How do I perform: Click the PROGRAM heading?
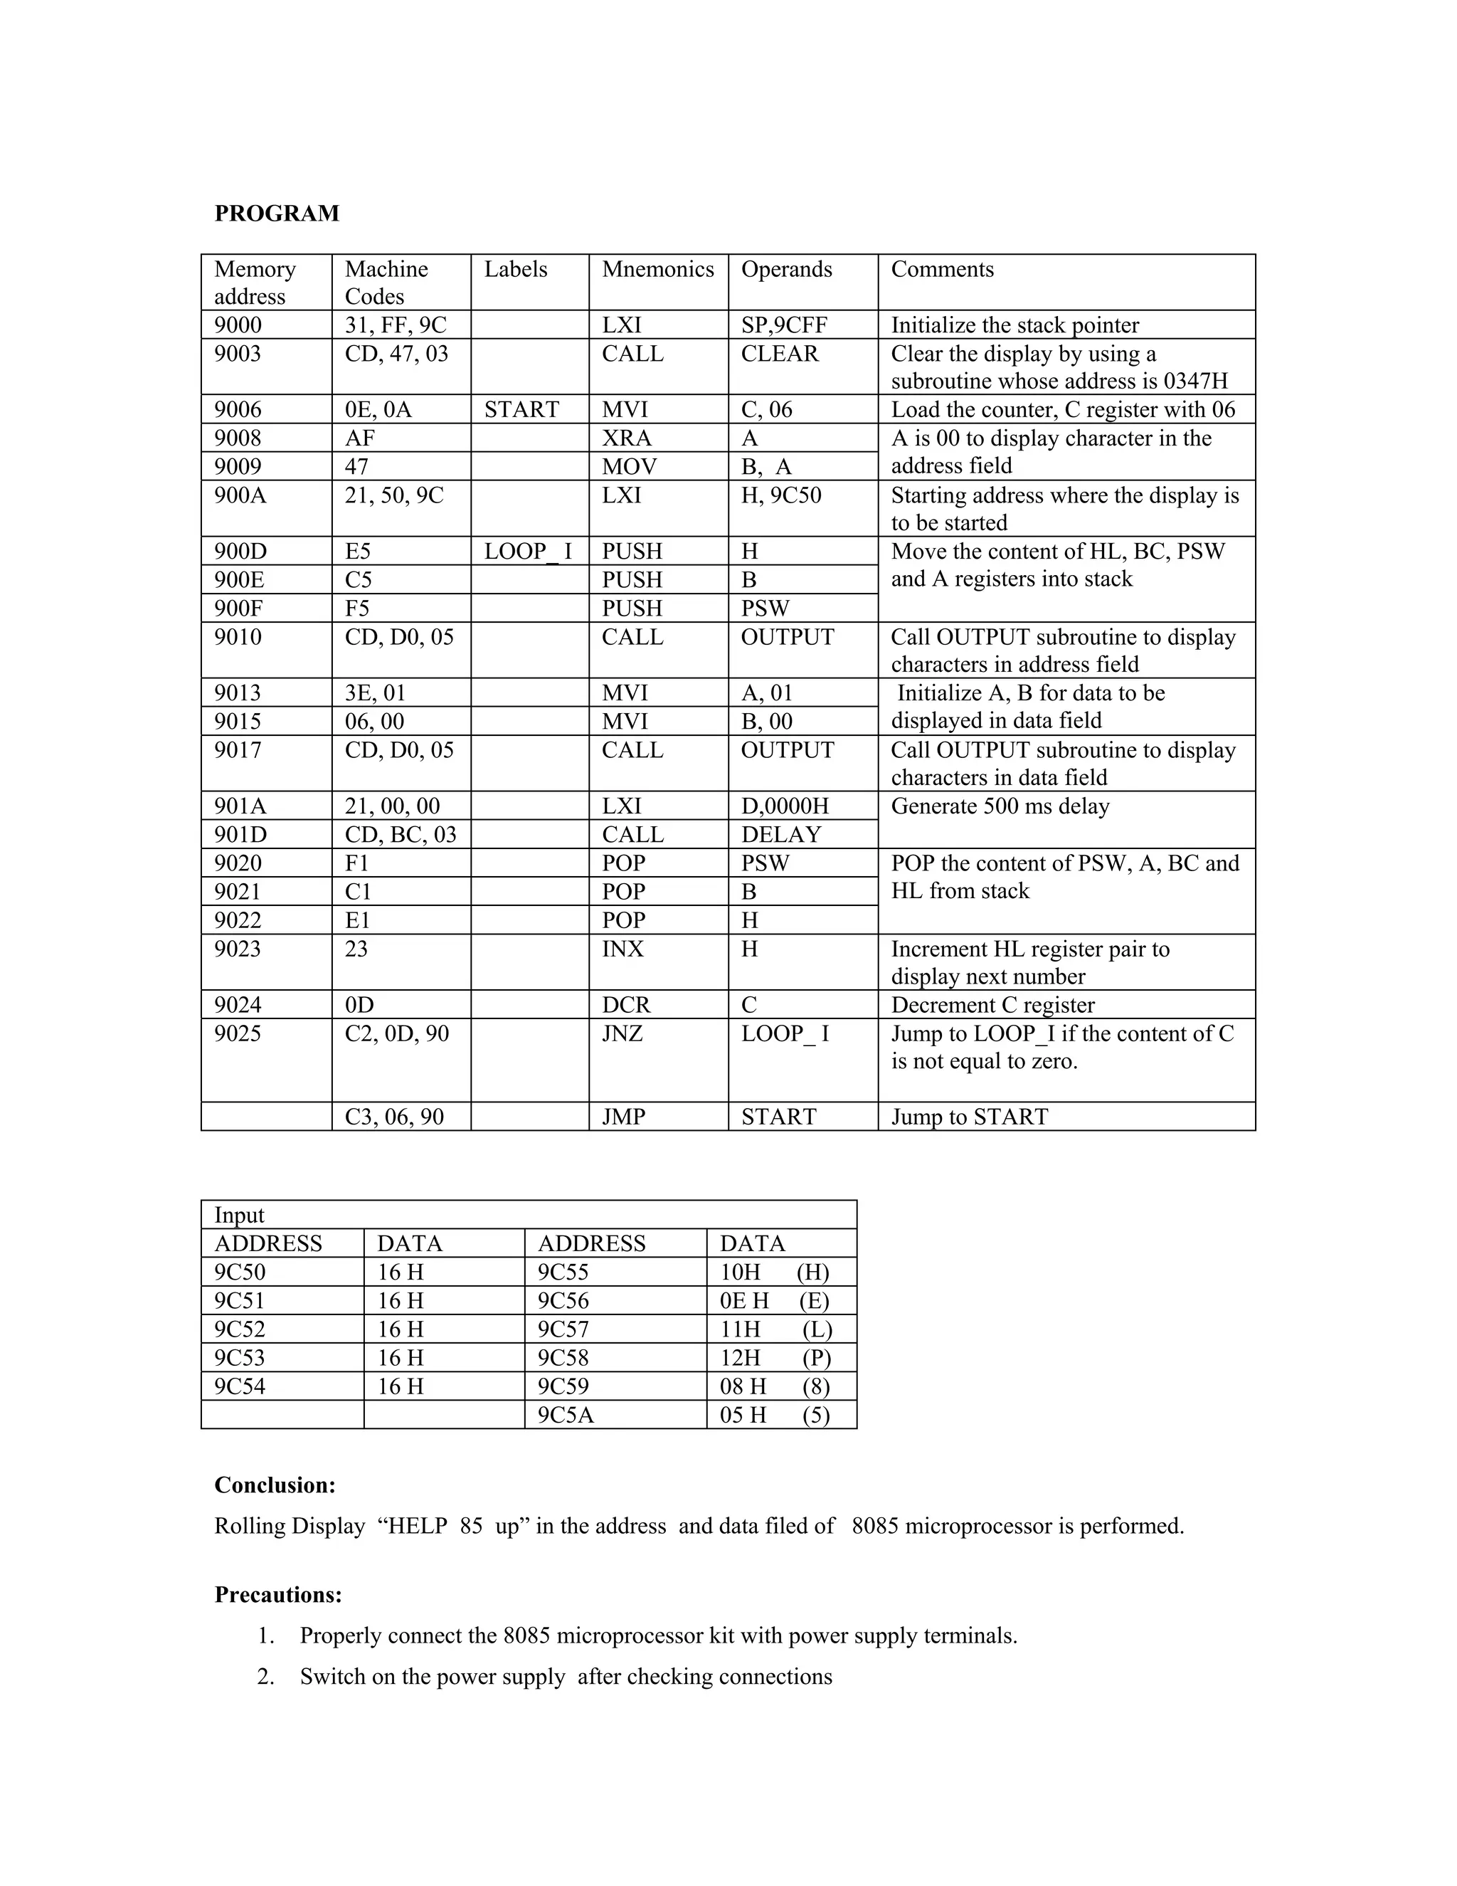(x=276, y=214)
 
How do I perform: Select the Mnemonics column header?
(x=658, y=270)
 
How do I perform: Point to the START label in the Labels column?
(x=521, y=409)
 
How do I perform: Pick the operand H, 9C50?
(x=781, y=495)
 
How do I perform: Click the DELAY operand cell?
(x=781, y=834)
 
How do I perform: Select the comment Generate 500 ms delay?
(x=1000, y=806)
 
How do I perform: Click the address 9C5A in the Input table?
(x=566, y=1415)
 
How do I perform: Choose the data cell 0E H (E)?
(x=774, y=1300)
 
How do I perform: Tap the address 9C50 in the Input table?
(x=240, y=1272)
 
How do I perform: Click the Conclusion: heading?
(x=275, y=1485)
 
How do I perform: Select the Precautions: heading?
(x=278, y=1595)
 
